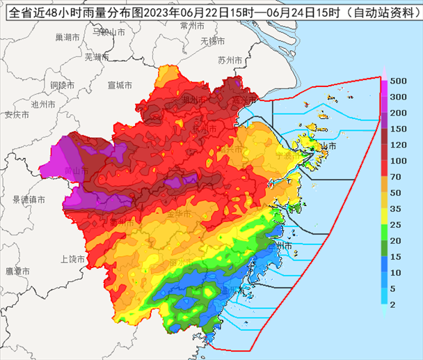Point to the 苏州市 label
point(230,61)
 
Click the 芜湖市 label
point(96,56)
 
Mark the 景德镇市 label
point(28,200)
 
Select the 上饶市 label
point(72,259)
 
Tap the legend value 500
point(399,80)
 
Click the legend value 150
point(399,129)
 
